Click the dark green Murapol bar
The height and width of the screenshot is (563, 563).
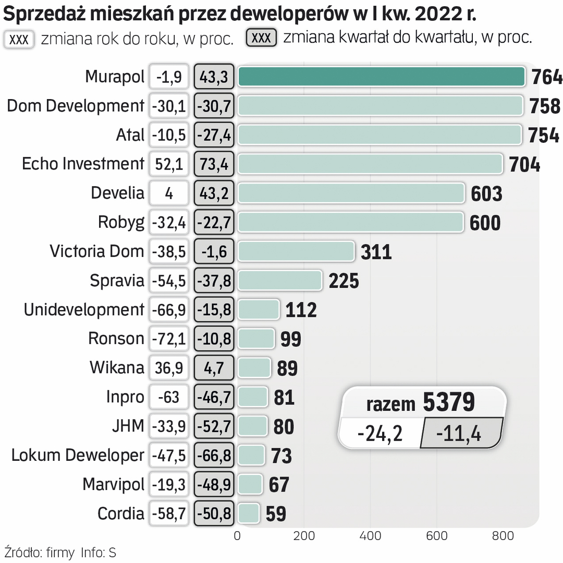[381, 77]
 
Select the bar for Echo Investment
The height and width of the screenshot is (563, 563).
[370, 164]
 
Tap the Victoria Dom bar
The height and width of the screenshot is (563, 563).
[296, 251]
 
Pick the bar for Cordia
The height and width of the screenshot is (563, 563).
[248, 513]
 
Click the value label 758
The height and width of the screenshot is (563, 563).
[545, 106]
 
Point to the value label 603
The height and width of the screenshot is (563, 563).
[486, 193]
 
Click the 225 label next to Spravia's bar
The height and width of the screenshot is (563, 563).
[344, 281]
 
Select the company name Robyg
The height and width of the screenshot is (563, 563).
[121, 223]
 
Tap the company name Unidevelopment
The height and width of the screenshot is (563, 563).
[84, 310]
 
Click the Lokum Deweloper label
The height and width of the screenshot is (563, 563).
[78, 455]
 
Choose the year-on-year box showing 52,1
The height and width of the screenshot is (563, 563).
[169, 165]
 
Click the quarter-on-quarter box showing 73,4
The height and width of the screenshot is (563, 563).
[214, 165]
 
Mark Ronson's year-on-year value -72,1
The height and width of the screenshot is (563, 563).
[169, 339]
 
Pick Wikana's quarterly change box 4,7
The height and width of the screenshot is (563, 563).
[214, 369]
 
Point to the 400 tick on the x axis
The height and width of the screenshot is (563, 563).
[370, 535]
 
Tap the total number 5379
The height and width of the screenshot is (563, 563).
[448, 402]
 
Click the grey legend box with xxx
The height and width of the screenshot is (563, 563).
[261, 38]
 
